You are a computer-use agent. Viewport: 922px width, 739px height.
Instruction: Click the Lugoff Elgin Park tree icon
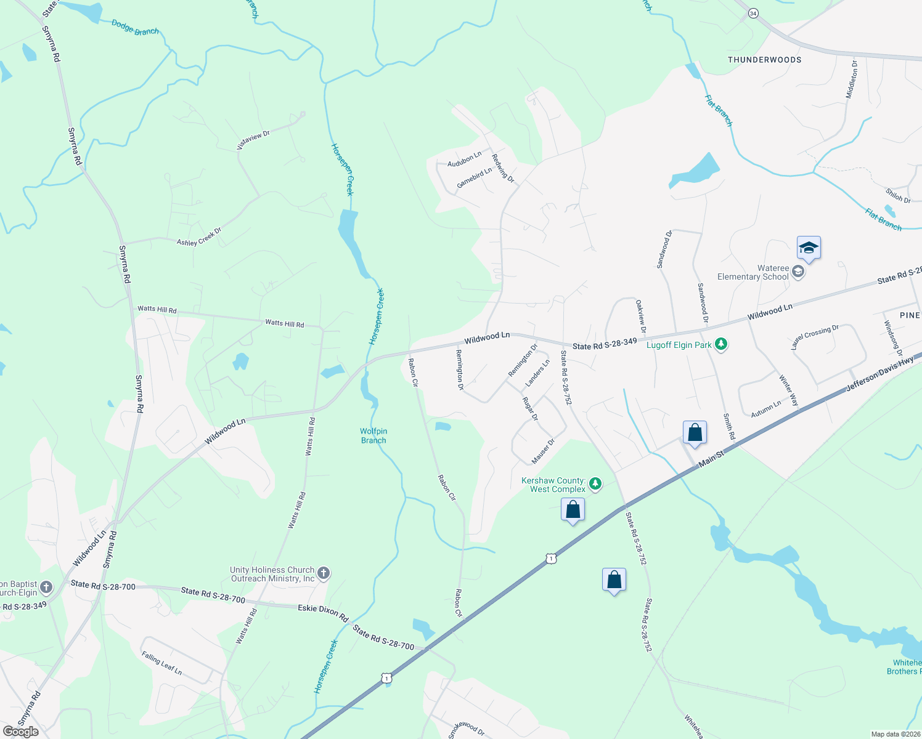(721, 345)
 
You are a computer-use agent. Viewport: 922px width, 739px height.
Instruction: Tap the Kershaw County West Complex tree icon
(595, 484)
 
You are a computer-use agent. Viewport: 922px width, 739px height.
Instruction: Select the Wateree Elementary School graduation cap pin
(809, 248)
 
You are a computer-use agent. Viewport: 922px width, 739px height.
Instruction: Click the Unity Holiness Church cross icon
(323, 574)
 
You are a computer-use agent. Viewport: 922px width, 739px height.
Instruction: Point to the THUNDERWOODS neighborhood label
(764, 60)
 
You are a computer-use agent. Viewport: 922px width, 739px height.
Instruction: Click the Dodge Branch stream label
(135, 27)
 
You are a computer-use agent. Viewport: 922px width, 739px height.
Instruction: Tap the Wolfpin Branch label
(373, 435)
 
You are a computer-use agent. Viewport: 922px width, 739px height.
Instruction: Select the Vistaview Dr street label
(253, 140)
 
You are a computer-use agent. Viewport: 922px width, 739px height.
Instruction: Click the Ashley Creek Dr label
(199, 237)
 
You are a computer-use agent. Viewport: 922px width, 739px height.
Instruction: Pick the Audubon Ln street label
(464, 160)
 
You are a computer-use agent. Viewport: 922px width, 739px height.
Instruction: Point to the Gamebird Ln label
(474, 178)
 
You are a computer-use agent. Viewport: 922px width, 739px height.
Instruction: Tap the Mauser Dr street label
(543, 451)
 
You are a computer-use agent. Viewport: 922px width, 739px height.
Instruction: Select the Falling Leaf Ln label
(161, 663)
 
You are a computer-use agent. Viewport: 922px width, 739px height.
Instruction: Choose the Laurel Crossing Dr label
(815, 337)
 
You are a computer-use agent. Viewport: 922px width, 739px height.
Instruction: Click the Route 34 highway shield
(753, 14)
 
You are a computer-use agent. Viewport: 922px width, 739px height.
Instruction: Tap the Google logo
(20, 731)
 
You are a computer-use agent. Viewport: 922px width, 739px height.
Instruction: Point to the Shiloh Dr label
(898, 195)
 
